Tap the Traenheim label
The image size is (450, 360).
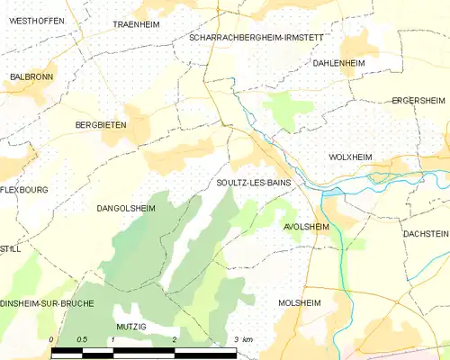click(136, 25)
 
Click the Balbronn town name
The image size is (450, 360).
click(30, 77)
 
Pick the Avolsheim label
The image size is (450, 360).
click(306, 227)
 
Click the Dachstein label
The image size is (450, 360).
click(425, 233)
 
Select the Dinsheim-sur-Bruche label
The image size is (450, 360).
click(47, 303)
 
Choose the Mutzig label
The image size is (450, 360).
click(130, 327)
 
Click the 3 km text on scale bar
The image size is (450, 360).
click(242, 339)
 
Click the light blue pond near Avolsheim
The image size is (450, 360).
click(331, 192)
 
